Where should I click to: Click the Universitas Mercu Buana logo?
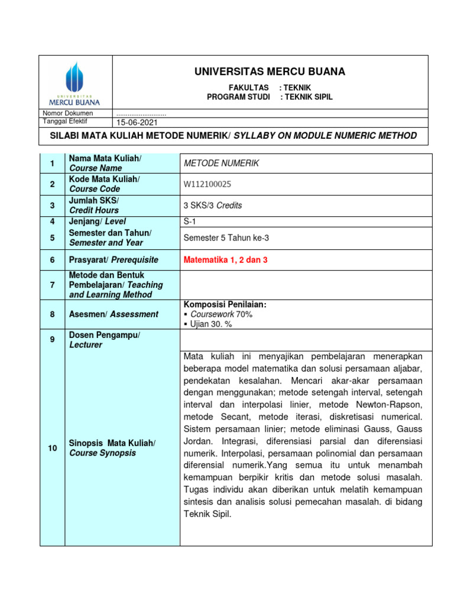pyautogui.click(x=75, y=82)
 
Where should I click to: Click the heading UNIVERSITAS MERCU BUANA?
pyautogui.click(x=270, y=72)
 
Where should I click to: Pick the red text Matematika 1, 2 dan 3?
pyautogui.click(x=226, y=260)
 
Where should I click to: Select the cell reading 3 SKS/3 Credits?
pyautogui.click(x=213, y=206)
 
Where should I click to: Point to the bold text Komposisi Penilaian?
pyautogui.click(x=225, y=304)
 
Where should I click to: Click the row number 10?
pyautogui.click(x=53, y=448)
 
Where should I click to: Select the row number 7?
pyautogui.click(x=53, y=285)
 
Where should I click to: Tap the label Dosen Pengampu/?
pyautogui.click(x=105, y=335)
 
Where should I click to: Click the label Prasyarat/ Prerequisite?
pyautogui.click(x=114, y=260)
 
